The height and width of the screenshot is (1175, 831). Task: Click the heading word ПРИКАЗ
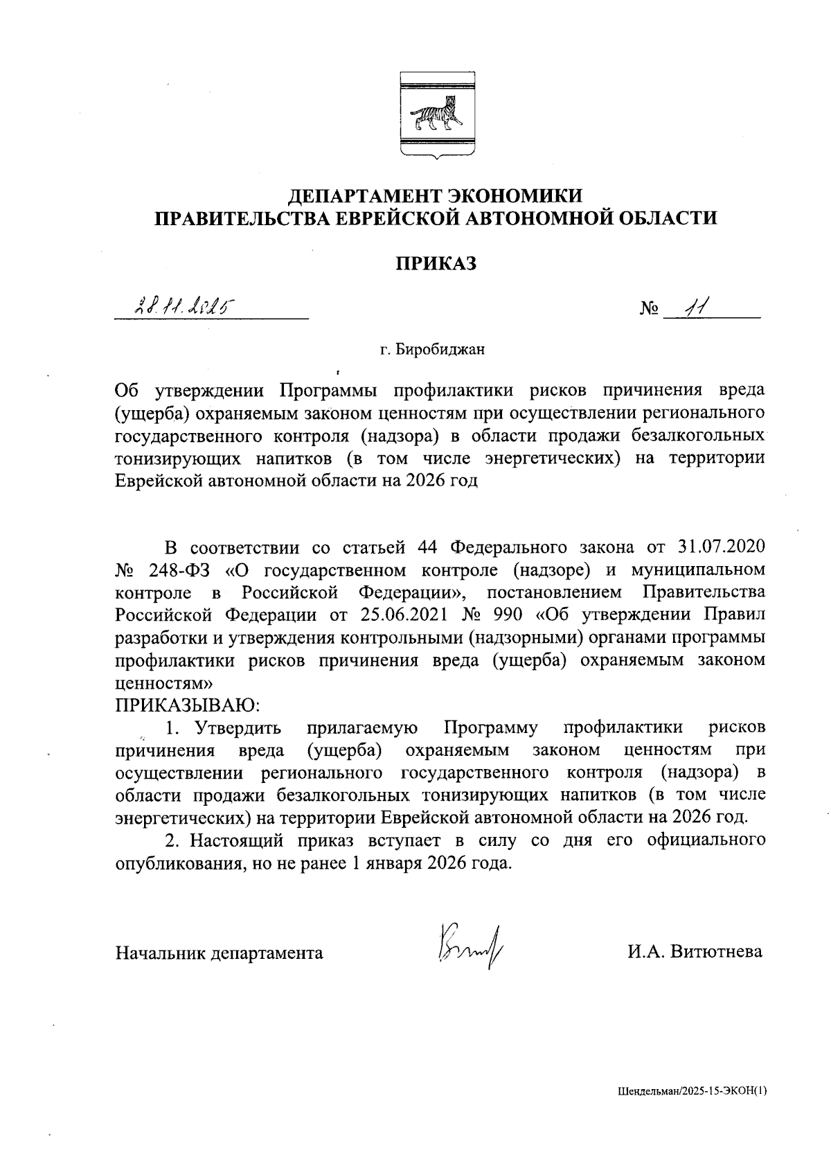pyautogui.click(x=436, y=263)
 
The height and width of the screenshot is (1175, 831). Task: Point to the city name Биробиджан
pyautogui.click(x=441, y=349)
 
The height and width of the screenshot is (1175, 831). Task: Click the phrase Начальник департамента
pyautogui.click(x=219, y=953)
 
